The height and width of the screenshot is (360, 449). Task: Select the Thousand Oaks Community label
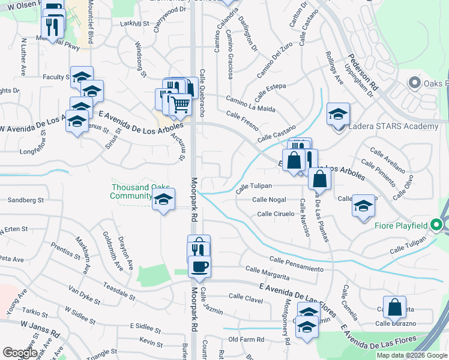click(132, 191)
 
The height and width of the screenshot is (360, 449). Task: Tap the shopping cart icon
click(180, 104)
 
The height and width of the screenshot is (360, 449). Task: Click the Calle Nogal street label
click(269, 200)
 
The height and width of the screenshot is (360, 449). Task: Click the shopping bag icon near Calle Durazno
click(394, 307)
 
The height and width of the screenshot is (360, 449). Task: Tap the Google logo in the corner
click(19, 353)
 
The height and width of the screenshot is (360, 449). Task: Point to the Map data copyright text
click(411, 355)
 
